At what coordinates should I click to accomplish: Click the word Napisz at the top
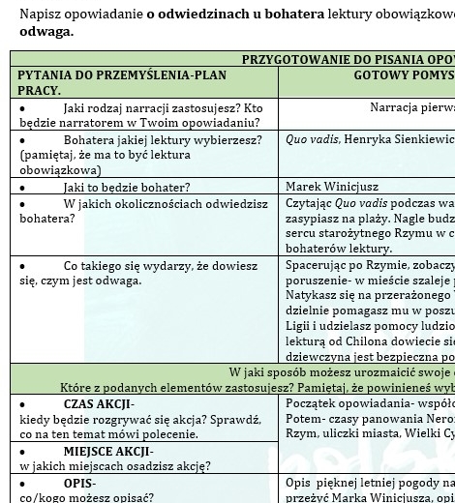coord(39,15)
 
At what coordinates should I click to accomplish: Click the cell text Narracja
coord(396,108)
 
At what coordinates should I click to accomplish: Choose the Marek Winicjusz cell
coord(332,187)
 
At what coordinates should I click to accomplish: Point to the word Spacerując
coord(318,265)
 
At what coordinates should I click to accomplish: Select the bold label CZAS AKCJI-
coord(99,403)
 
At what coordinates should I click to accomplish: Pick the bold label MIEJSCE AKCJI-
coord(108,451)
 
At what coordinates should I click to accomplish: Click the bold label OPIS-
coord(80,483)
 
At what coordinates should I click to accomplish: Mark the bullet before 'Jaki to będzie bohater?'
coord(22,187)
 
